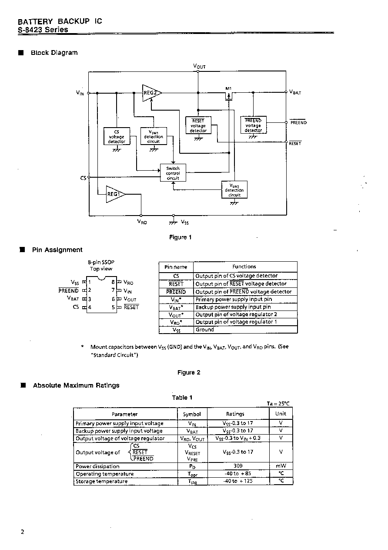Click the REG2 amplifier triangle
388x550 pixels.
click(151, 93)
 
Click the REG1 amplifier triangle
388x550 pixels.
click(115, 194)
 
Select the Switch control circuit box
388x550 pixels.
click(173, 172)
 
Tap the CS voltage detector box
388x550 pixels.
click(117, 136)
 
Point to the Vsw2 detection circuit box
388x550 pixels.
click(234, 189)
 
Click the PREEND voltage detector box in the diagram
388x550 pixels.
click(253, 125)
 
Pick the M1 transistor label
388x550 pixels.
click(228, 88)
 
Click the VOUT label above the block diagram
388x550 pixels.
click(199, 66)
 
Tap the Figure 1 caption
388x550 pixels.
click(180, 237)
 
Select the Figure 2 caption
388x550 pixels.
click(189, 372)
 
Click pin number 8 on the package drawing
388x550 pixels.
click(113, 282)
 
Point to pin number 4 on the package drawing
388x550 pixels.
click(90, 307)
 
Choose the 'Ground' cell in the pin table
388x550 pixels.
click(205, 330)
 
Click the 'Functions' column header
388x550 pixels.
click(244, 267)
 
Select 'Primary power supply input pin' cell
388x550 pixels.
click(234, 299)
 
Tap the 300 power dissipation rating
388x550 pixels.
click(238, 466)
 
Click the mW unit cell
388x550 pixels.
click(281, 466)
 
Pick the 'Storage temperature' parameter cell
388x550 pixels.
click(101, 481)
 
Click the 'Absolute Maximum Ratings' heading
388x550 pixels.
click(76, 385)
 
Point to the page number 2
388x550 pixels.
click(23, 532)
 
